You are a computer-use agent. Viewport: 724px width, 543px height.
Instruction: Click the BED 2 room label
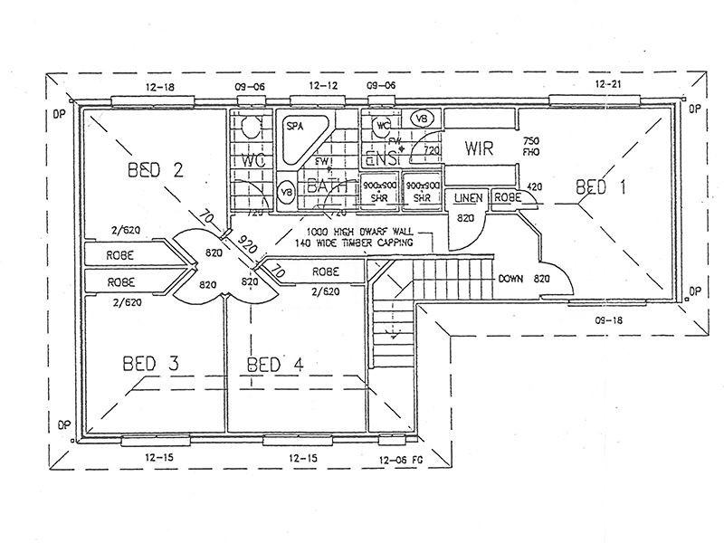pyautogui.click(x=156, y=169)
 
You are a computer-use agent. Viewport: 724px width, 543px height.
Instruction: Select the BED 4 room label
pyautogui.click(x=276, y=364)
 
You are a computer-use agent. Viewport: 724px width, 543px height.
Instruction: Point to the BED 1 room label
pyautogui.click(x=601, y=187)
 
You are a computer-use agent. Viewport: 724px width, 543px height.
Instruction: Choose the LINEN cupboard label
pyautogui.click(x=468, y=197)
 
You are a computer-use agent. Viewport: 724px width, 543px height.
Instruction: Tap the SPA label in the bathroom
pyautogui.click(x=294, y=126)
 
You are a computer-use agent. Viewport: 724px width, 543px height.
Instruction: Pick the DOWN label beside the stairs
pyautogui.click(x=511, y=279)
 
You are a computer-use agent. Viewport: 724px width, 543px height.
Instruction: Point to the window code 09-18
pyautogui.click(x=608, y=320)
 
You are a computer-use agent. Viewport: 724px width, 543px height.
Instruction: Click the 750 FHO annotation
pyautogui.click(x=532, y=148)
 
